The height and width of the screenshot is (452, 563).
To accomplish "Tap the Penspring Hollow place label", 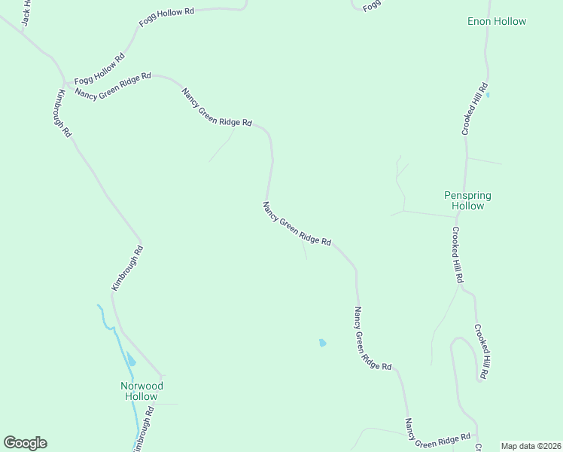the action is point(467,200).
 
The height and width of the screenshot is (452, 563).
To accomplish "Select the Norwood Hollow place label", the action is point(142,391).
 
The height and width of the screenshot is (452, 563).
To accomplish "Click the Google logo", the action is point(25,443).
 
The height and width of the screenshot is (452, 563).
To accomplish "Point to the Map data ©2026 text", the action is point(531,446).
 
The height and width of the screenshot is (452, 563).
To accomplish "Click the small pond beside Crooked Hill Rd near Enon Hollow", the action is point(488,95).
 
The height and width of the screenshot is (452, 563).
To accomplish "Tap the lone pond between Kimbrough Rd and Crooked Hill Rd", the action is point(323,343).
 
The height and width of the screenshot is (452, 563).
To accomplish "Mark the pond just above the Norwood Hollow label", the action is point(131,359).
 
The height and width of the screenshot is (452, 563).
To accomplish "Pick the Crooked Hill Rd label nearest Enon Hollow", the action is point(476,109).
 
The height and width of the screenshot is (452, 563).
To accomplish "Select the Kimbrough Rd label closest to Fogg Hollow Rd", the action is point(63,113).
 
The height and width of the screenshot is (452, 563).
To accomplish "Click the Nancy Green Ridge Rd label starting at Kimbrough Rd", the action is point(113,84).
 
